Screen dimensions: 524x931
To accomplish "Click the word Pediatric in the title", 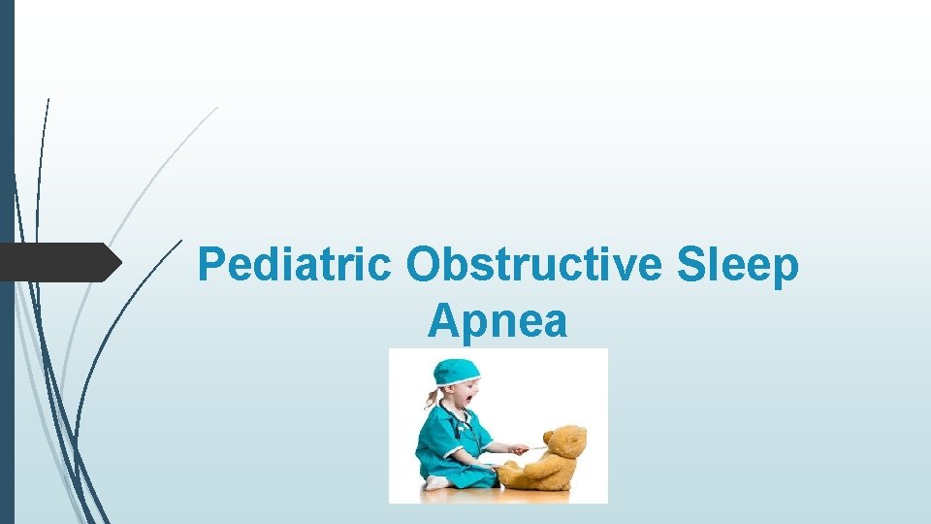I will [295, 265].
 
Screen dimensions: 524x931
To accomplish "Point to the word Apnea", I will [497, 320].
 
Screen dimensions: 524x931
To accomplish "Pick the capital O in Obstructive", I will [424, 264].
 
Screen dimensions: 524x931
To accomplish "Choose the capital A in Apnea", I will [442, 320].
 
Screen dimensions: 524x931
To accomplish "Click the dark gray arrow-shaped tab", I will [58, 262].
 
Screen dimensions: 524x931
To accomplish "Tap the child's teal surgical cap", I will [455, 372].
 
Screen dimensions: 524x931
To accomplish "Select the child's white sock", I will [436, 482].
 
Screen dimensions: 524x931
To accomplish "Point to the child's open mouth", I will [468, 400].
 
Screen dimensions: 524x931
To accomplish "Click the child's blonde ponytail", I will [432, 399].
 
